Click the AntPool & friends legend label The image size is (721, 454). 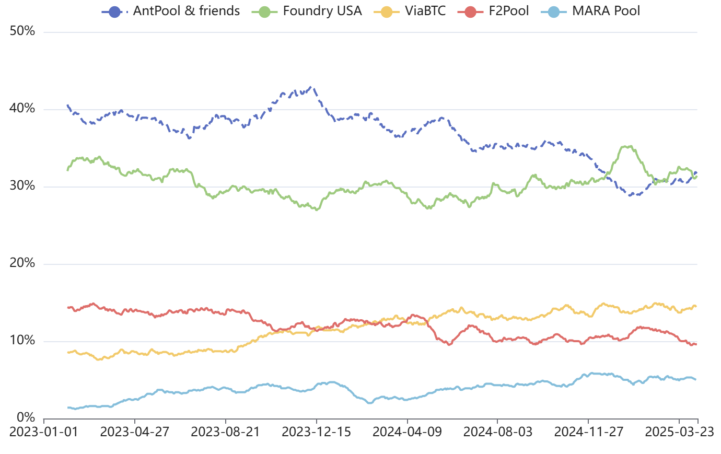click(187, 11)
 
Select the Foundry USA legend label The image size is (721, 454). click(322, 11)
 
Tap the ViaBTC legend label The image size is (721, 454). click(425, 11)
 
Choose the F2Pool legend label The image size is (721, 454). click(508, 11)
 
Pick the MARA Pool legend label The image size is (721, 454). click(606, 11)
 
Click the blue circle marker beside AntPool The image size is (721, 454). click(114, 12)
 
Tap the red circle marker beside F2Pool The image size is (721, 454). click(470, 12)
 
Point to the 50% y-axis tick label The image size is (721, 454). click(22, 31)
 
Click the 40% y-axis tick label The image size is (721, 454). click(22, 109)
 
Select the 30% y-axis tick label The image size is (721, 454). click(22, 185)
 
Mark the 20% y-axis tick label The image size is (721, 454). click(22, 263)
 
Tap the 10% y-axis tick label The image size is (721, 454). click(22, 341)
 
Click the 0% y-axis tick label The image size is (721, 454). click(26, 417)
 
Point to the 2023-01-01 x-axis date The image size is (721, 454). click(44, 432)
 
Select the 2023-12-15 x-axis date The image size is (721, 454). click(316, 432)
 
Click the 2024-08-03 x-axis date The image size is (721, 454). click(497, 432)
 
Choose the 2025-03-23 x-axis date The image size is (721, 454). click(679, 432)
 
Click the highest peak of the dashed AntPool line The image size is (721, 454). click(310, 87)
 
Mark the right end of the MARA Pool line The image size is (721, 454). click(696, 380)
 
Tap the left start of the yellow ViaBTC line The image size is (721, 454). click(67, 353)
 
